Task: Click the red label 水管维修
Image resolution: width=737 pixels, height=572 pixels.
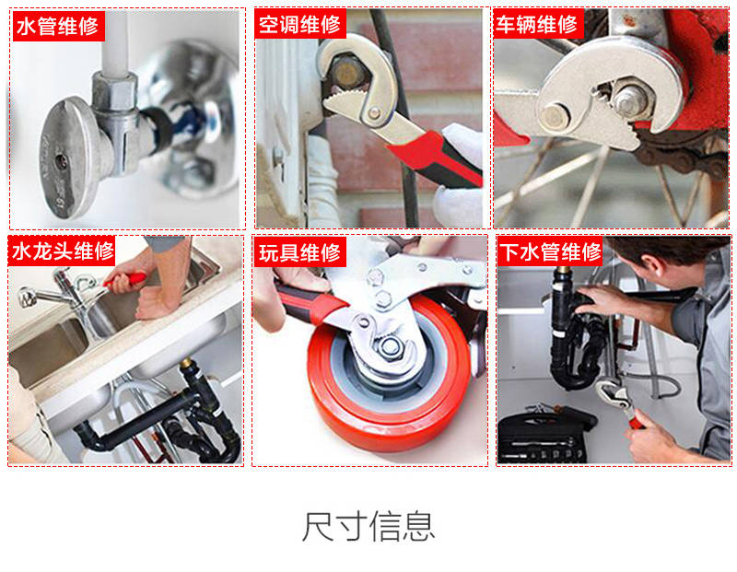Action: point(58,27)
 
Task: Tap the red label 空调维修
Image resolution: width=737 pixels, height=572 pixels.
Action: point(300,24)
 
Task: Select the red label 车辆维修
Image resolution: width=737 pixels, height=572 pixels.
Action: point(538,24)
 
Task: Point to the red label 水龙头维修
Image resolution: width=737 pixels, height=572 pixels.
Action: point(62,251)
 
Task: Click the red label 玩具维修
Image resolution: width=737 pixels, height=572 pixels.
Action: point(300,252)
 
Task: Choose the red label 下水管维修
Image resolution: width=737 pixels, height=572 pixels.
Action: point(550,252)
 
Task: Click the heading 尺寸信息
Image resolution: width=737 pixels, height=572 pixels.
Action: point(368,527)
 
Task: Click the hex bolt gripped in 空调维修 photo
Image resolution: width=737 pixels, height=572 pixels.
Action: point(346,72)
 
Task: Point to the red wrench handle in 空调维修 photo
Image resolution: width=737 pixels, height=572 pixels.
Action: point(436,158)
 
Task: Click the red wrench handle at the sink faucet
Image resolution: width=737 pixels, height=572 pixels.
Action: point(124,281)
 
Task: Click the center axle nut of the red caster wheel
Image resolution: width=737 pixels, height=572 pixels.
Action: point(390,347)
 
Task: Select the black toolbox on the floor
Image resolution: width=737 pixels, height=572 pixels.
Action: point(543,435)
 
